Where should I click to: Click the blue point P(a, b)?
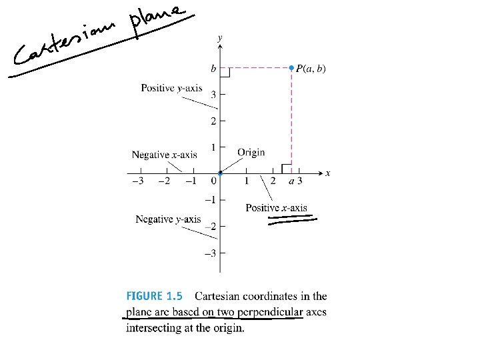click(291, 67)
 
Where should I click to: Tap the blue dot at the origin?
click(220, 174)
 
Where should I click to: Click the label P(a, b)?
click(311, 68)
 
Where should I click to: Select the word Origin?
click(251, 152)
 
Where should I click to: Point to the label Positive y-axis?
click(171, 88)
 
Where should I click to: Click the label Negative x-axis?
click(164, 155)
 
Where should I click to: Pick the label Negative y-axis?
click(167, 219)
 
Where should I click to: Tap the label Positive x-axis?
click(276, 207)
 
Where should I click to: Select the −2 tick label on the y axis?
click(211, 227)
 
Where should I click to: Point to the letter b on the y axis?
click(213, 68)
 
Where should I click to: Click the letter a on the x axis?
click(291, 181)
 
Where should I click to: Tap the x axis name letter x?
click(328, 173)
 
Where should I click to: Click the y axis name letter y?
click(221, 39)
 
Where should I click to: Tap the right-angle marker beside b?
click(225, 72)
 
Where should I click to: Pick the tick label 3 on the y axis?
click(213, 95)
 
